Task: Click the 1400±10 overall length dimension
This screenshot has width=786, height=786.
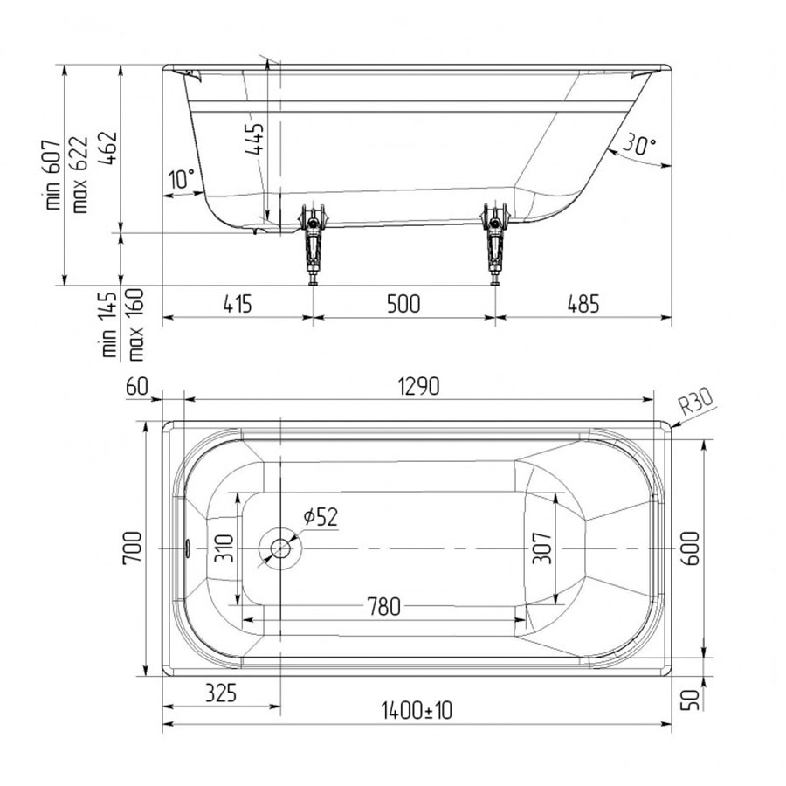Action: [x=417, y=710]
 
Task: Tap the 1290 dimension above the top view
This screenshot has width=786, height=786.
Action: [x=418, y=387]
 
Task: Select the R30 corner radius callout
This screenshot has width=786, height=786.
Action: [x=696, y=403]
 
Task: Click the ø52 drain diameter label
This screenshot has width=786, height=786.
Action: [x=321, y=517]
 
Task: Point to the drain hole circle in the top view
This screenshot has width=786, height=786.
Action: [x=280, y=548]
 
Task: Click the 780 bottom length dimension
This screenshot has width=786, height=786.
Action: [x=384, y=607]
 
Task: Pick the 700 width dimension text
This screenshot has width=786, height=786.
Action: [x=133, y=548]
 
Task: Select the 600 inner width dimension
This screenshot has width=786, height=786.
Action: [x=692, y=548]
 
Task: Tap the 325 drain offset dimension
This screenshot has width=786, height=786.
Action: [x=221, y=693]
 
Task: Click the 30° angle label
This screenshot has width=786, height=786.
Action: [x=639, y=144]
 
